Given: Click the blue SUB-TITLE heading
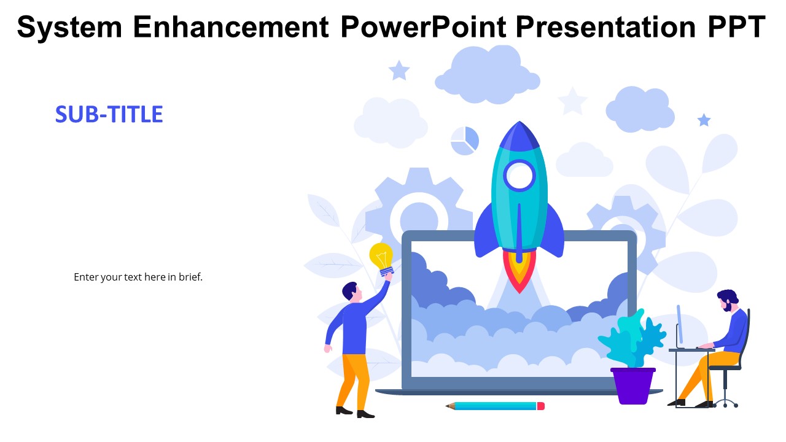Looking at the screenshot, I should pos(109,115).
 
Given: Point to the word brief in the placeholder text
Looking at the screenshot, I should pos(190,277).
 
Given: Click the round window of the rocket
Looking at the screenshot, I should pos(519,176).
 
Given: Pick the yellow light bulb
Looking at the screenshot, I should pos(381,256).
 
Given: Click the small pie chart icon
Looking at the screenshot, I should pos(464,141).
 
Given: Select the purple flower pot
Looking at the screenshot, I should pos(633,386).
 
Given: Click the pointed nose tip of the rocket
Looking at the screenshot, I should pos(519,125).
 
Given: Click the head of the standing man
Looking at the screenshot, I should pos(350,292).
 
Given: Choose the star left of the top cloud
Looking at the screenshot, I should pos(399,71).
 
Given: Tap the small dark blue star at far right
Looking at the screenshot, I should pos(704,120).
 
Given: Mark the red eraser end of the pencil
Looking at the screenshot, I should pos(540,406).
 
